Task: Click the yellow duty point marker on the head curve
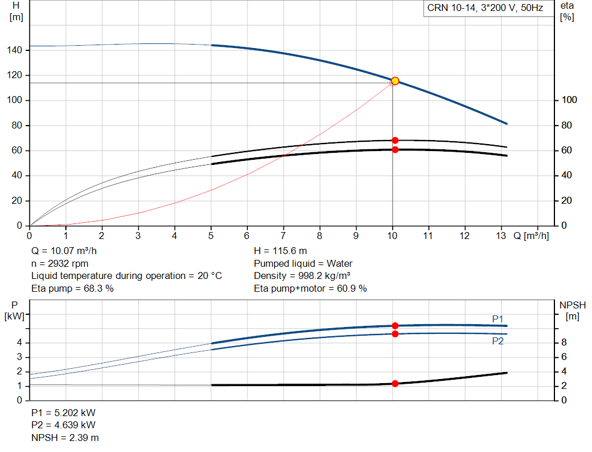pos(395,81)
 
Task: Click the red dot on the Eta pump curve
pos(395,140)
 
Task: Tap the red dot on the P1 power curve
pos(395,326)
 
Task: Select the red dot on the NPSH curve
pos(395,384)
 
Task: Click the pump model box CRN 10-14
pos(484,9)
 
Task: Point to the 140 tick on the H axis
pos(16,50)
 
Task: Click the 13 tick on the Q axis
pos(501,236)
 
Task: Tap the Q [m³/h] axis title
pos(531,236)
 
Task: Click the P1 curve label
pos(498,319)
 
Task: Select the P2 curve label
pos(498,341)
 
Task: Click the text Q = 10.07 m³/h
pos(64,251)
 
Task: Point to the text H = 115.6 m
pos(280,251)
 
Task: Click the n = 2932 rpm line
pos(60,263)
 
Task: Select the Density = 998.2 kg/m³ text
pos(302,275)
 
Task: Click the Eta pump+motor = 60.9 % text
pos(310,288)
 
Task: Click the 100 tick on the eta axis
pos(569,101)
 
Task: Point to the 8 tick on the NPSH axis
pos(568,343)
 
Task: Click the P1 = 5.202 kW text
pos(64,413)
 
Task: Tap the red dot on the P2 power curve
pos(395,334)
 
